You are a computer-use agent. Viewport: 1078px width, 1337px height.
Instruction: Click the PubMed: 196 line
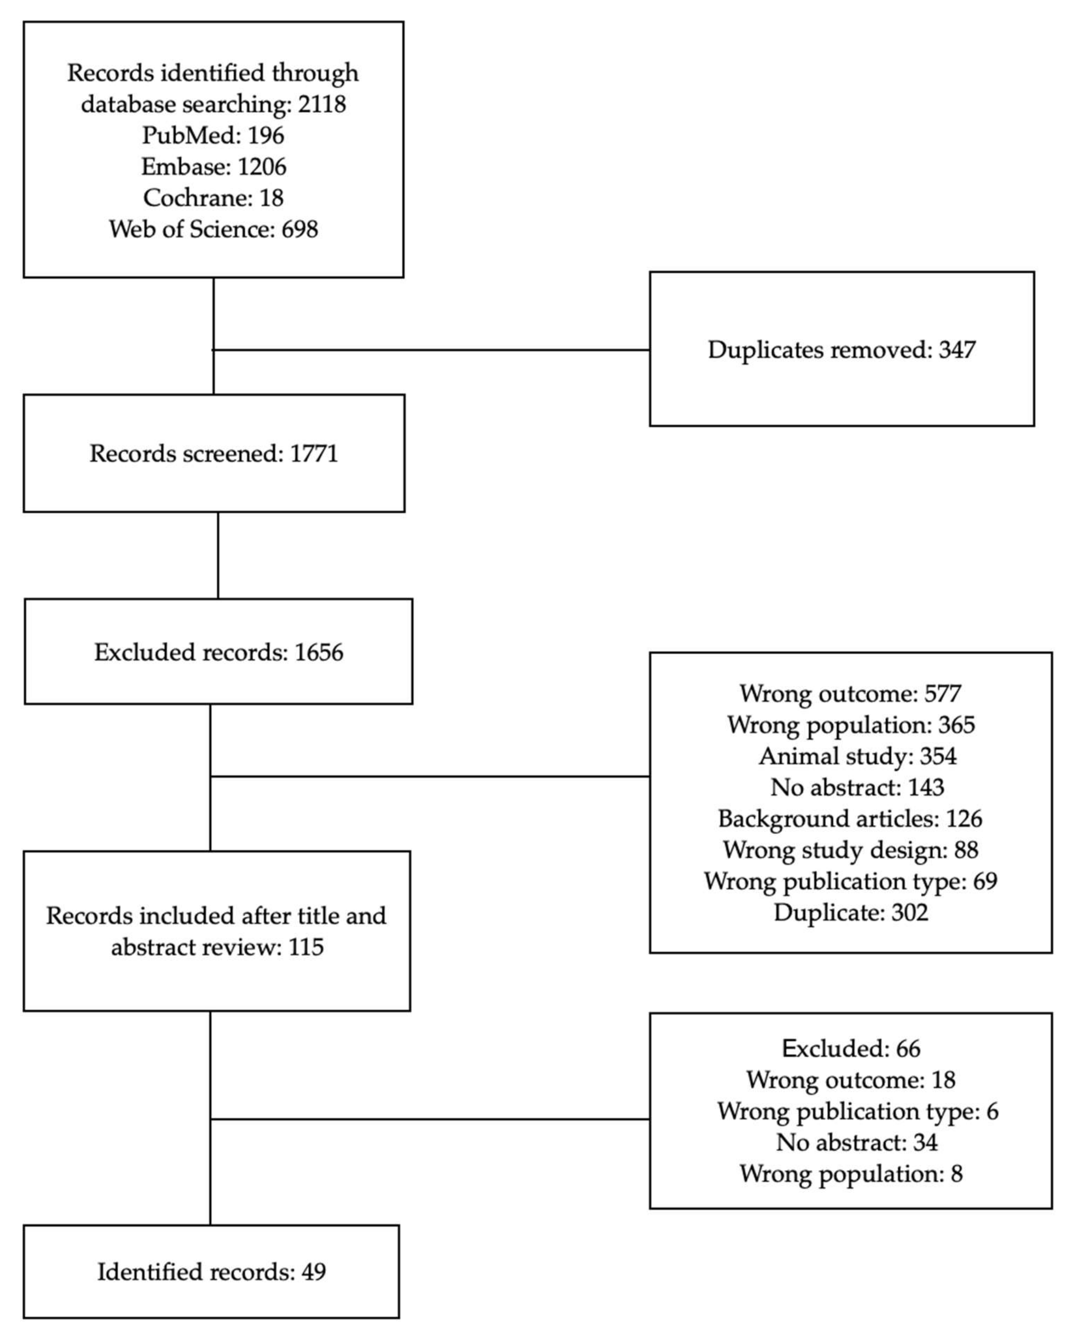(x=213, y=135)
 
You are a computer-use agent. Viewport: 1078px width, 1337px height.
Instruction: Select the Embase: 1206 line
(x=213, y=166)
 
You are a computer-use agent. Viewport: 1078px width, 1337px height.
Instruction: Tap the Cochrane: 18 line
(x=213, y=198)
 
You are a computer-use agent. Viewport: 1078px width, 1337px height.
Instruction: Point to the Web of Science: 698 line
(x=213, y=229)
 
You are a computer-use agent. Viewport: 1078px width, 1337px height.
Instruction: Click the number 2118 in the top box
(x=322, y=104)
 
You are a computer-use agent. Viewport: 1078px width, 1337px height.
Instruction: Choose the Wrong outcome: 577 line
(x=850, y=693)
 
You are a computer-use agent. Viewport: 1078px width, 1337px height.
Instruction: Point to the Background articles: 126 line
(x=850, y=819)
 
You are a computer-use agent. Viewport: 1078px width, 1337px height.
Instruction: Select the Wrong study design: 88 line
(x=850, y=850)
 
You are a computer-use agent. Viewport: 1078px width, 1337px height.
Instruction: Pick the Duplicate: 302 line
(x=850, y=912)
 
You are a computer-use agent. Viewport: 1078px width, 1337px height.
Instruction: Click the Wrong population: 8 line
(x=850, y=1174)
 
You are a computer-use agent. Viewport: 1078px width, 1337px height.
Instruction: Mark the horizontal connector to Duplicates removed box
(x=432, y=350)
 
